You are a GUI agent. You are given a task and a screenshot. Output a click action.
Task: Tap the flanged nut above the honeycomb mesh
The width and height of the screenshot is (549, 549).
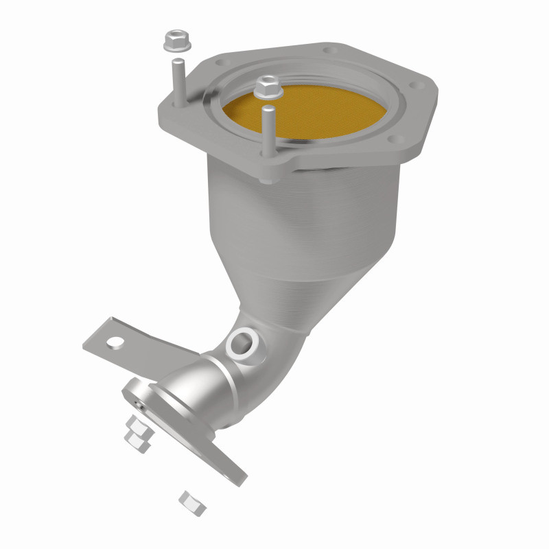tap(265, 86)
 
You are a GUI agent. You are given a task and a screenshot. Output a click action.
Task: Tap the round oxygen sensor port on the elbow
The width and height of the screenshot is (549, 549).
tap(242, 341)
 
